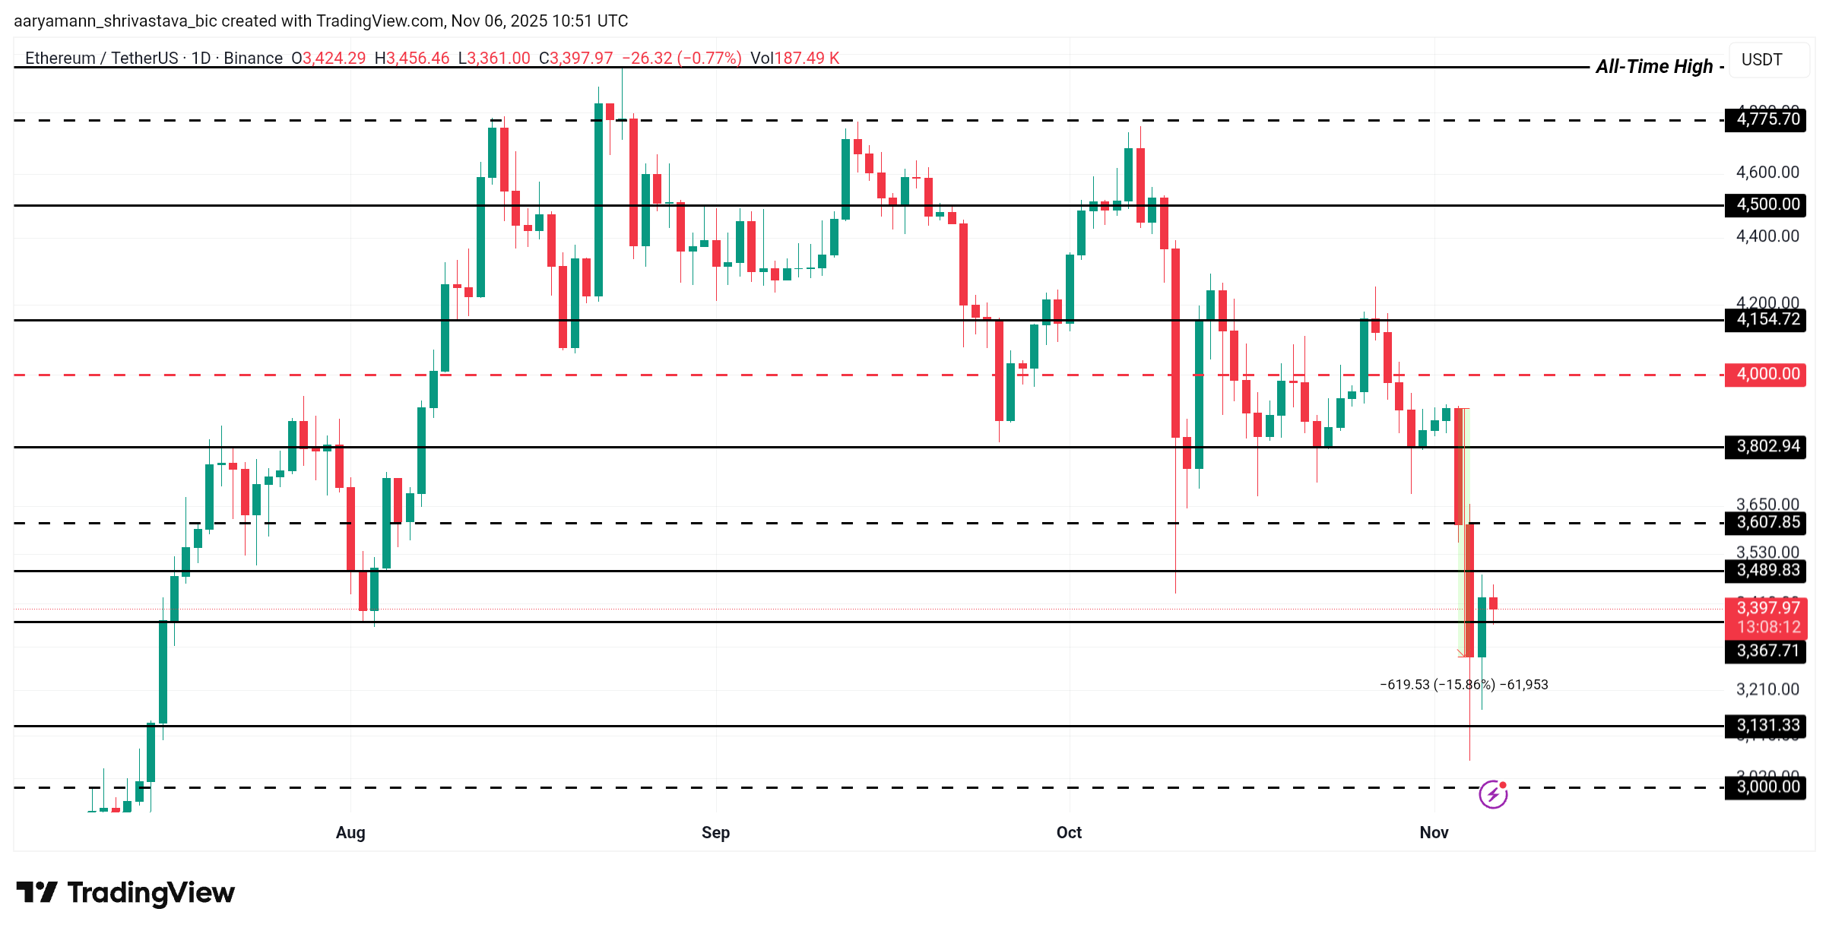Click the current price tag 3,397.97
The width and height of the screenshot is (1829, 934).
click(1767, 608)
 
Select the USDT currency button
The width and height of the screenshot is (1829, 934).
click(1761, 59)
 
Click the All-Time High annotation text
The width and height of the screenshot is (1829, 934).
click(1654, 67)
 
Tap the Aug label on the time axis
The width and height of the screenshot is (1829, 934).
click(350, 832)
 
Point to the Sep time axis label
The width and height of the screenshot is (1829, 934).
click(715, 832)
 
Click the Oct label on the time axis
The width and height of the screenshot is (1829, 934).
click(1069, 832)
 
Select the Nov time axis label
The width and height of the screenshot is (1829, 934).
click(1434, 832)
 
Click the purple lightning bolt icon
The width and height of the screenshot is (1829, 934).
click(1493, 794)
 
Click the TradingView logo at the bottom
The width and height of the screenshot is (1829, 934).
click(125, 892)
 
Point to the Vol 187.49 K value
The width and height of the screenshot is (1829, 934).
click(794, 58)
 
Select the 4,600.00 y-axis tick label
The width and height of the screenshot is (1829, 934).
click(1767, 173)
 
